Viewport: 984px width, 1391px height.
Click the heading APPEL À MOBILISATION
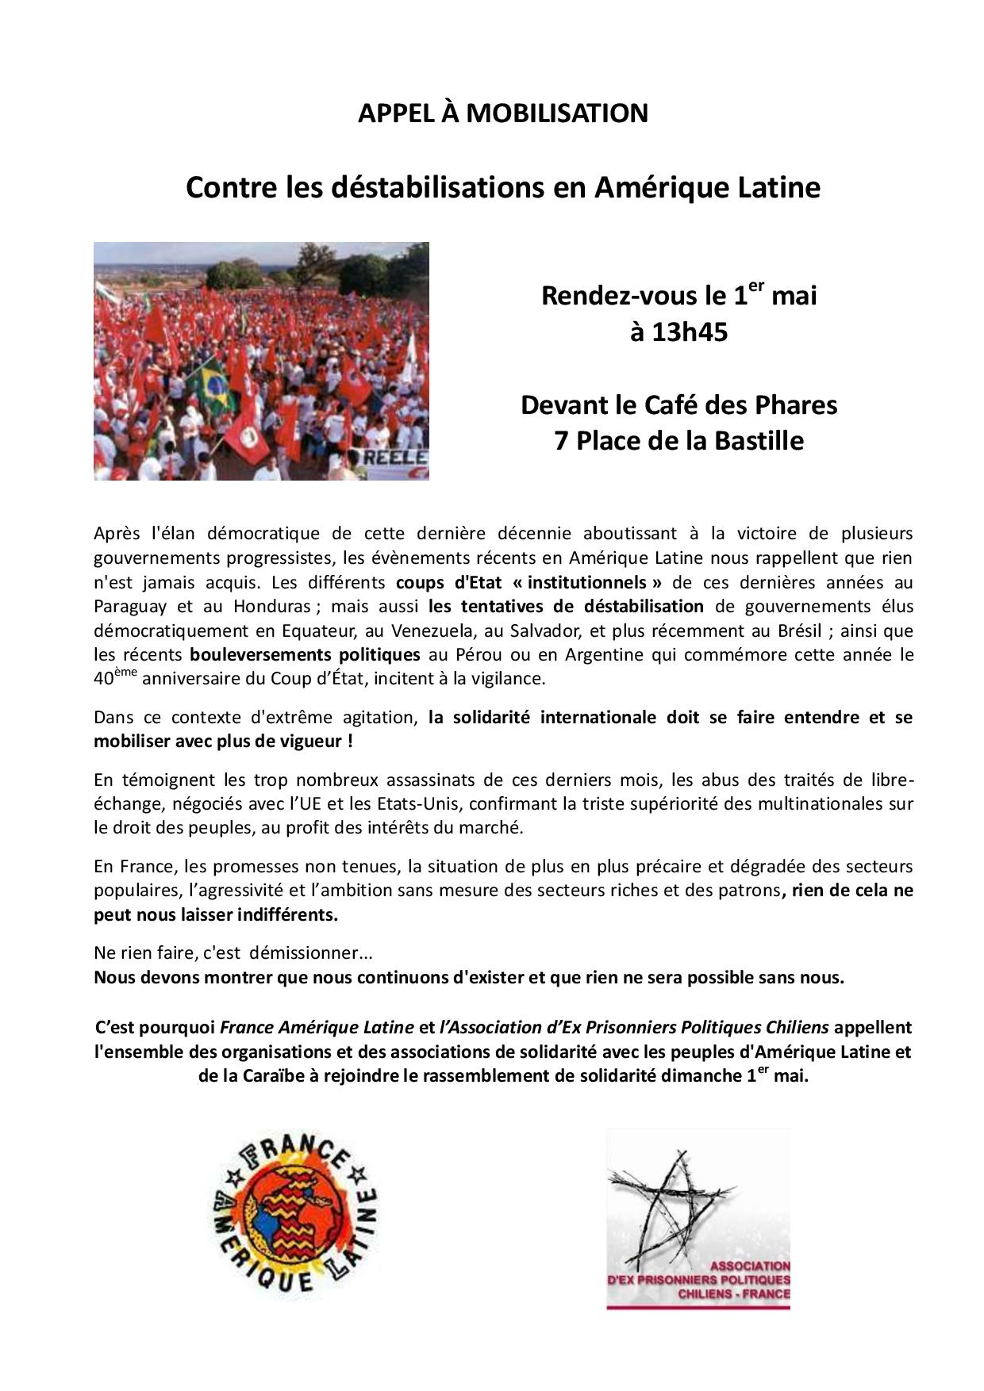pos(502,113)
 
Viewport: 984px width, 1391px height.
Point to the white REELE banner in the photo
pos(394,459)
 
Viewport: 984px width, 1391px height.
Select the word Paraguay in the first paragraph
pos(129,607)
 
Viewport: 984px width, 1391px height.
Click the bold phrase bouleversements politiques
pos(305,655)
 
